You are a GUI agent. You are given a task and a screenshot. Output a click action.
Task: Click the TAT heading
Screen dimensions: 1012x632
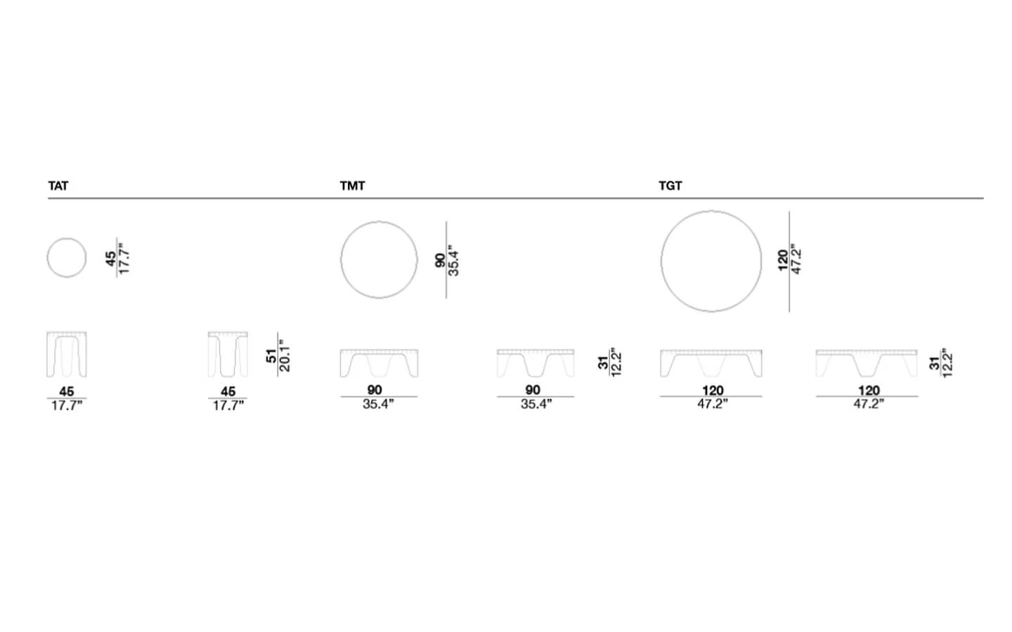tap(58, 186)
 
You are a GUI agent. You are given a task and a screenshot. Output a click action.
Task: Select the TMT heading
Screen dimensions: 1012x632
tap(352, 186)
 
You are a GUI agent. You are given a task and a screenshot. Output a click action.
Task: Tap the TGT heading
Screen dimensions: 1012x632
tap(670, 186)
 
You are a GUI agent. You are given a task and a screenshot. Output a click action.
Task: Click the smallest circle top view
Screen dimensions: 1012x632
tap(48, 258)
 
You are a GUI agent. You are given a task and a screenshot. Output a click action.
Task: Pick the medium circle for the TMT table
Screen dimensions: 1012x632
tap(341, 260)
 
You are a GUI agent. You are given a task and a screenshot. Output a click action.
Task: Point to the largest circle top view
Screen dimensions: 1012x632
tap(661, 261)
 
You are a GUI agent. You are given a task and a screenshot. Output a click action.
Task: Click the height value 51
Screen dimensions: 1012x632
tap(271, 356)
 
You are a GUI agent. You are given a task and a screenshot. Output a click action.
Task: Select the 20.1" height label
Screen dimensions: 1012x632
tap(285, 355)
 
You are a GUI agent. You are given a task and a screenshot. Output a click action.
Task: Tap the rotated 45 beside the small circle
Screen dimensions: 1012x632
tap(110, 258)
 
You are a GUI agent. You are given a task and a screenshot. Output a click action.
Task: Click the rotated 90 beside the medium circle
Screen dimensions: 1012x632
tap(440, 260)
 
